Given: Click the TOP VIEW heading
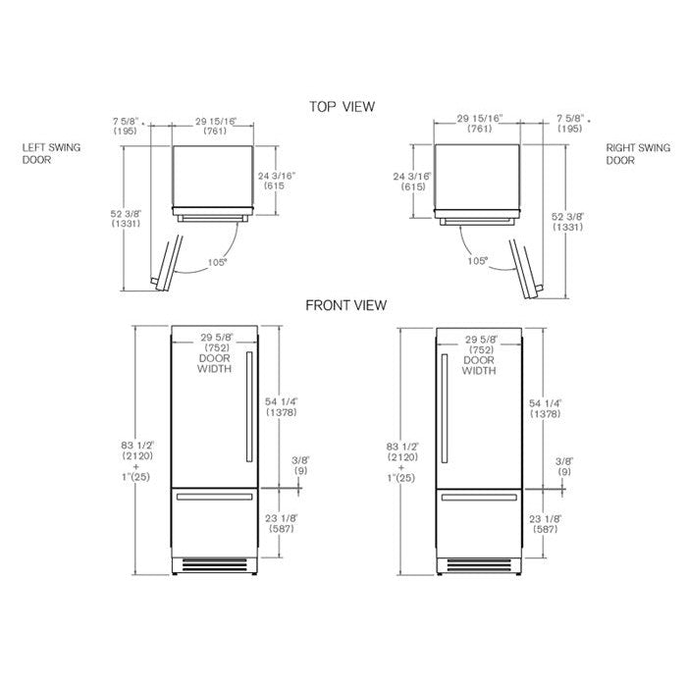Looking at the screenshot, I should (342, 106).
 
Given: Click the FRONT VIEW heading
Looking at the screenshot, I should (345, 305).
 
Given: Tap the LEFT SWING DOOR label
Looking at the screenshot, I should (51, 154).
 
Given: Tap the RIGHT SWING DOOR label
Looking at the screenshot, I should (633, 154).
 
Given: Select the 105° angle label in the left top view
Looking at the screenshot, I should (217, 262).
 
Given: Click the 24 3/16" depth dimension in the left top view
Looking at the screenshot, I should (277, 183).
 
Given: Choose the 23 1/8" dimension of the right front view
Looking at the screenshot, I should (546, 523).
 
